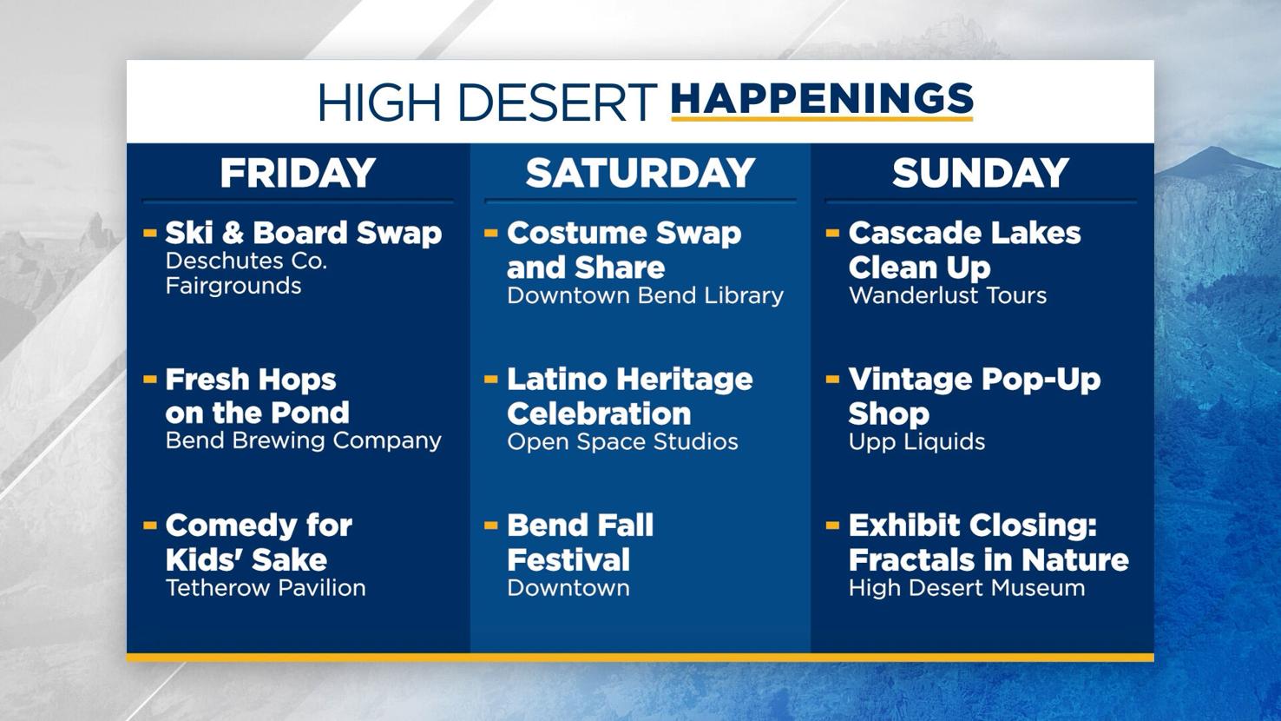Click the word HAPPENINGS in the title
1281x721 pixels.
pyautogui.click(x=821, y=99)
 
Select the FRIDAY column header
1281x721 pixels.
pyautogui.click(x=298, y=173)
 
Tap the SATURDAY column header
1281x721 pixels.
pyautogui.click(x=640, y=173)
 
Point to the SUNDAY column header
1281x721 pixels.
pyautogui.click(x=981, y=173)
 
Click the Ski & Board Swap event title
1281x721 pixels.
pyautogui.click(x=303, y=233)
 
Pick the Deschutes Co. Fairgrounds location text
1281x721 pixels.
pyautogui.click(x=246, y=274)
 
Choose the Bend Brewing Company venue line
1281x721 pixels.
pyautogui.click(x=303, y=440)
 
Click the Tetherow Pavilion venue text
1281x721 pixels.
pyautogui.click(x=266, y=588)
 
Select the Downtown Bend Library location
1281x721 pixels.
pyautogui.click(x=645, y=295)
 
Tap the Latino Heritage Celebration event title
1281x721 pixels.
pyautogui.click(x=629, y=396)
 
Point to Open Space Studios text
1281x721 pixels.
pyautogui.click(x=622, y=441)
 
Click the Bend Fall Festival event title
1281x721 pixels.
pyautogui.click(x=580, y=542)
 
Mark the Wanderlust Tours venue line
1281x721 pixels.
pyautogui.click(x=948, y=295)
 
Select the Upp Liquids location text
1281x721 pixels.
pyautogui.click(x=916, y=441)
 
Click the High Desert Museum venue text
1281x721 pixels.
pyautogui.click(x=967, y=588)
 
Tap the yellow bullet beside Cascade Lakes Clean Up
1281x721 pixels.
pyautogui.click(x=832, y=233)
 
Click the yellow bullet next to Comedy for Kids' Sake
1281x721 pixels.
pyautogui.click(x=149, y=526)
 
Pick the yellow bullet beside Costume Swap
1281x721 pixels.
pyautogui.click(x=491, y=233)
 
